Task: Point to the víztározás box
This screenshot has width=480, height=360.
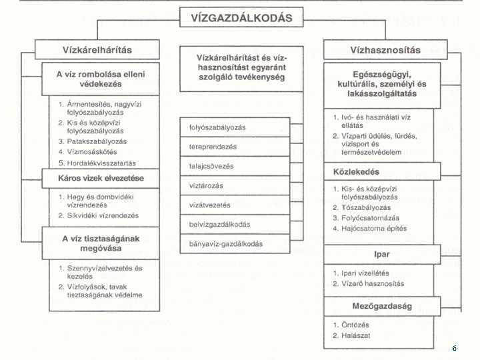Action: pyautogui.click(x=226, y=185)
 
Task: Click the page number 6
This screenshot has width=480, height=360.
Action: pyautogui.click(x=454, y=348)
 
